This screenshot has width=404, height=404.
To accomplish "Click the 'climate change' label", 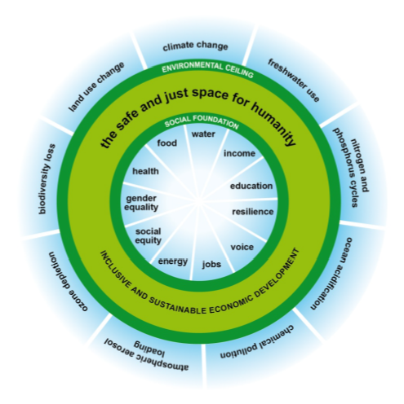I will pyautogui.click(x=195, y=46).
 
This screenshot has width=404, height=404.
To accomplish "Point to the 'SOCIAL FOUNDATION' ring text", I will pyautogui.click(x=201, y=124).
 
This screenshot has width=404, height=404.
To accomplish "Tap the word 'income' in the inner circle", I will pyautogui.click(x=239, y=153).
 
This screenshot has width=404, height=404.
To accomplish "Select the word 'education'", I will pyautogui.click(x=251, y=186).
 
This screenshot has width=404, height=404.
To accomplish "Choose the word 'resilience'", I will pyautogui.click(x=253, y=212).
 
